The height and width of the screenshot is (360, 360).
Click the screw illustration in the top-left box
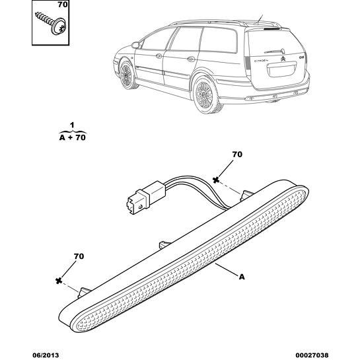[x=52, y=23]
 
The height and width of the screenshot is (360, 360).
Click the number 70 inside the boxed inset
[x=63, y=5]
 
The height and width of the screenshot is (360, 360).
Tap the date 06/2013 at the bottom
[x=45, y=355]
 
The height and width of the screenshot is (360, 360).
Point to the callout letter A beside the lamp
[x=242, y=277]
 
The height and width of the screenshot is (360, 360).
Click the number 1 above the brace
[x=72, y=126]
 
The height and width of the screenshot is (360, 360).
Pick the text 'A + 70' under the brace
[x=72, y=137]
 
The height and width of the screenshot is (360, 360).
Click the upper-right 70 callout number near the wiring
[x=237, y=155]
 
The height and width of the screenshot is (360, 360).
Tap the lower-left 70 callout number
[x=79, y=256]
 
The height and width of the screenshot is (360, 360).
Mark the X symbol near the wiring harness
[x=215, y=180]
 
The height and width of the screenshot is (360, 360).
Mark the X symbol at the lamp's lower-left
[x=59, y=280]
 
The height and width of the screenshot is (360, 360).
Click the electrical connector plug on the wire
[x=145, y=198]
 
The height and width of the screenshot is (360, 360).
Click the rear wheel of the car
[x=205, y=95]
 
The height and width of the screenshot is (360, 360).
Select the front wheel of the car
[x=127, y=75]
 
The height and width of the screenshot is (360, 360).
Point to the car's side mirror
[x=135, y=45]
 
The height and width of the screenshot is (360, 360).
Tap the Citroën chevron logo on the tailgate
[x=283, y=59]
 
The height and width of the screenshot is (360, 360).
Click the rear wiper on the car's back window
[x=275, y=51]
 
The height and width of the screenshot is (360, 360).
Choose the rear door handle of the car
[x=190, y=59]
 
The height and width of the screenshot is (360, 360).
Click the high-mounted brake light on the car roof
[x=272, y=29]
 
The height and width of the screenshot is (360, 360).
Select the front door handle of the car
[x=159, y=55]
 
